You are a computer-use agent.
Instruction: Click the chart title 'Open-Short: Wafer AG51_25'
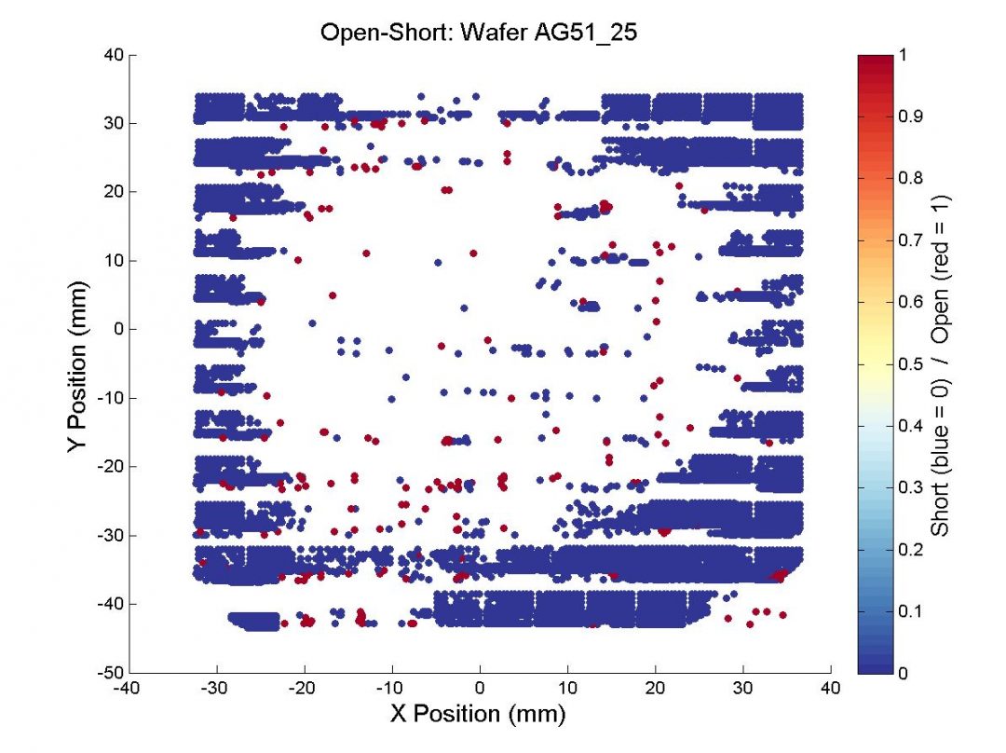click(x=479, y=33)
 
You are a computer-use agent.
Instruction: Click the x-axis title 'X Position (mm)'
click(x=479, y=714)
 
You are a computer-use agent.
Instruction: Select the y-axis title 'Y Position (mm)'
click(x=78, y=363)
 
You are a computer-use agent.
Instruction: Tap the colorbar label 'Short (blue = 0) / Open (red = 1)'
click(x=942, y=365)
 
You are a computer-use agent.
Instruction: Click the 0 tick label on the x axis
click(x=480, y=689)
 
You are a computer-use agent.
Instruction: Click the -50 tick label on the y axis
click(x=111, y=673)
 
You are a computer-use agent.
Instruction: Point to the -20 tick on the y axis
click(x=111, y=467)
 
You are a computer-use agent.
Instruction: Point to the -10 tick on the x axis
click(x=392, y=689)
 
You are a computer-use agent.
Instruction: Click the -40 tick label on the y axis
click(x=111, y=604)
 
